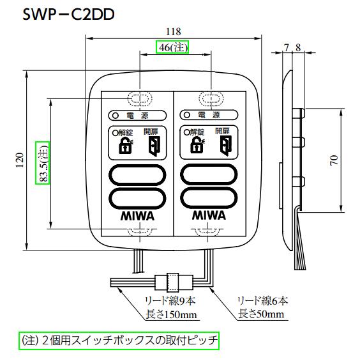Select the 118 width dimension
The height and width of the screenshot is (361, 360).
(x=174, y=31)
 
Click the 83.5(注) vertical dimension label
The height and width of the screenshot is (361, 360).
(x=43, y=163)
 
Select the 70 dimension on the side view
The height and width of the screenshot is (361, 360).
(x=334, y=160)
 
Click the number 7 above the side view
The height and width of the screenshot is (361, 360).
(x=287, y=47)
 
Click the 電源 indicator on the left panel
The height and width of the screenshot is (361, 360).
(x=138, y=116)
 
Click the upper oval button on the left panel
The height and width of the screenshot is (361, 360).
(x=138, y=175)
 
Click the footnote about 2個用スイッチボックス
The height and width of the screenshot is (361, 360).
(x=119, y=341)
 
